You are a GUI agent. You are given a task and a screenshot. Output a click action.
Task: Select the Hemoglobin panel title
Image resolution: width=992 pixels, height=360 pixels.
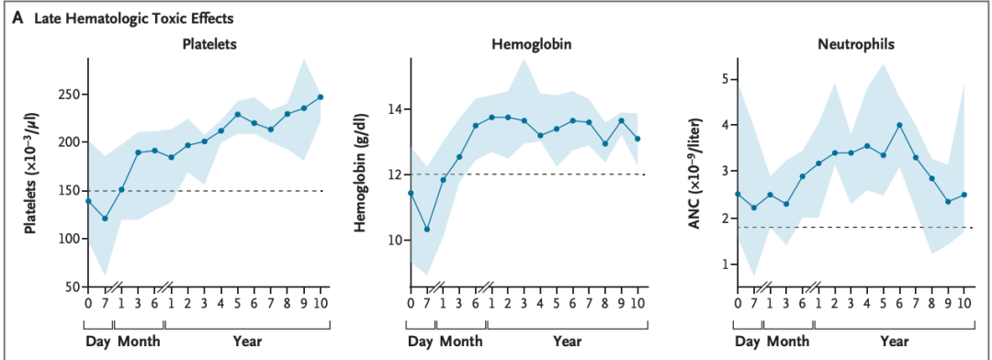point(524,44)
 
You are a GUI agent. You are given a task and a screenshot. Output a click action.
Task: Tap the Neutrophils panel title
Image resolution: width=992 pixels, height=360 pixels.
point(851,44)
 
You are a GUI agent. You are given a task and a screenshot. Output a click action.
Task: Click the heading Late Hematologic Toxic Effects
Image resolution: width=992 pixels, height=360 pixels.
point(127,17)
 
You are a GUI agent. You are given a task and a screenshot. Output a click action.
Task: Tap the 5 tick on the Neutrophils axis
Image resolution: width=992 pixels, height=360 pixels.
point(723,79)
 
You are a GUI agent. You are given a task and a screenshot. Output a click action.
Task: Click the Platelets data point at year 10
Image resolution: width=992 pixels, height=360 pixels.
point(321,96)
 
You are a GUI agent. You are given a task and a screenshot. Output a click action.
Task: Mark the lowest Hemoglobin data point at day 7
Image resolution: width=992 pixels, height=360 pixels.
point(426,229)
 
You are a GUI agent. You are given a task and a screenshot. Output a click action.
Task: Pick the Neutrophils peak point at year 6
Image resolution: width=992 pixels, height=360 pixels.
point(899,125)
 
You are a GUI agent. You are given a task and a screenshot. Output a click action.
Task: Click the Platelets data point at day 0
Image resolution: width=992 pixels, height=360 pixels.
point(88,201)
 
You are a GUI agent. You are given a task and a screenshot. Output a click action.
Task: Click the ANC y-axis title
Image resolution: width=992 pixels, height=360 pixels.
point(695,172)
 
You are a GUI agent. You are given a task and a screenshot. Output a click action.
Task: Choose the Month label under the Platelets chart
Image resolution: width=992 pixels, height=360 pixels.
point(140,342)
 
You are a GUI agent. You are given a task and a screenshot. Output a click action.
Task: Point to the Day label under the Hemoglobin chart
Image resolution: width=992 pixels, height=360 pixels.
point(421,342)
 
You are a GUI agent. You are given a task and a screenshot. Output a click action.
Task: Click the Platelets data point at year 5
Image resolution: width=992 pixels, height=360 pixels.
point(237,115)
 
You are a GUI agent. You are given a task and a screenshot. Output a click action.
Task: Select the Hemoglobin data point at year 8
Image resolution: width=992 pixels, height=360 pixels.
point(605,143)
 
